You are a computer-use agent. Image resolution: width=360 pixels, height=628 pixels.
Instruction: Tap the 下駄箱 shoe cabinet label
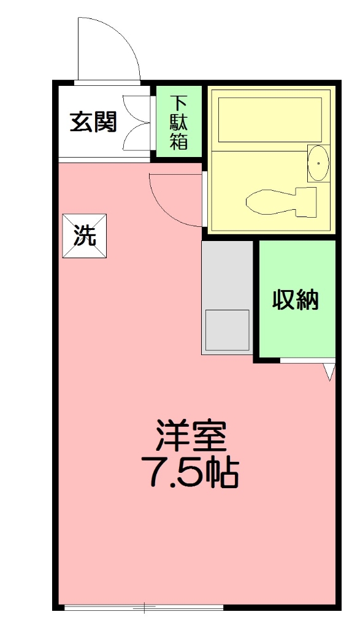pyautogui.click(x=178, y=122)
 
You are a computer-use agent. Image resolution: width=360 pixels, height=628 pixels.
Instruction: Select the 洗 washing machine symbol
pyautogui.click(x=85, y=236)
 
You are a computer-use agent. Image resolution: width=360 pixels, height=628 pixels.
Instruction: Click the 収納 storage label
pyautogui.click(x=296, y=300)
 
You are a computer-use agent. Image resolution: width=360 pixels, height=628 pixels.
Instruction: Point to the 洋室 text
pyautogui.click(x=191, y=436)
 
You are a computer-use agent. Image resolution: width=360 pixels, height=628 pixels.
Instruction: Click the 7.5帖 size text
pyautogui.click(x=190, y=471)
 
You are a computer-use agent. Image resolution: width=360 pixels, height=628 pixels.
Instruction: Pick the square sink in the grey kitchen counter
pyautogui.click(x=226, y=330)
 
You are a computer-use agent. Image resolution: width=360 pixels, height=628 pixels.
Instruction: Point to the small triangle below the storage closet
pyautogui.click(x=329, y=370)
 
